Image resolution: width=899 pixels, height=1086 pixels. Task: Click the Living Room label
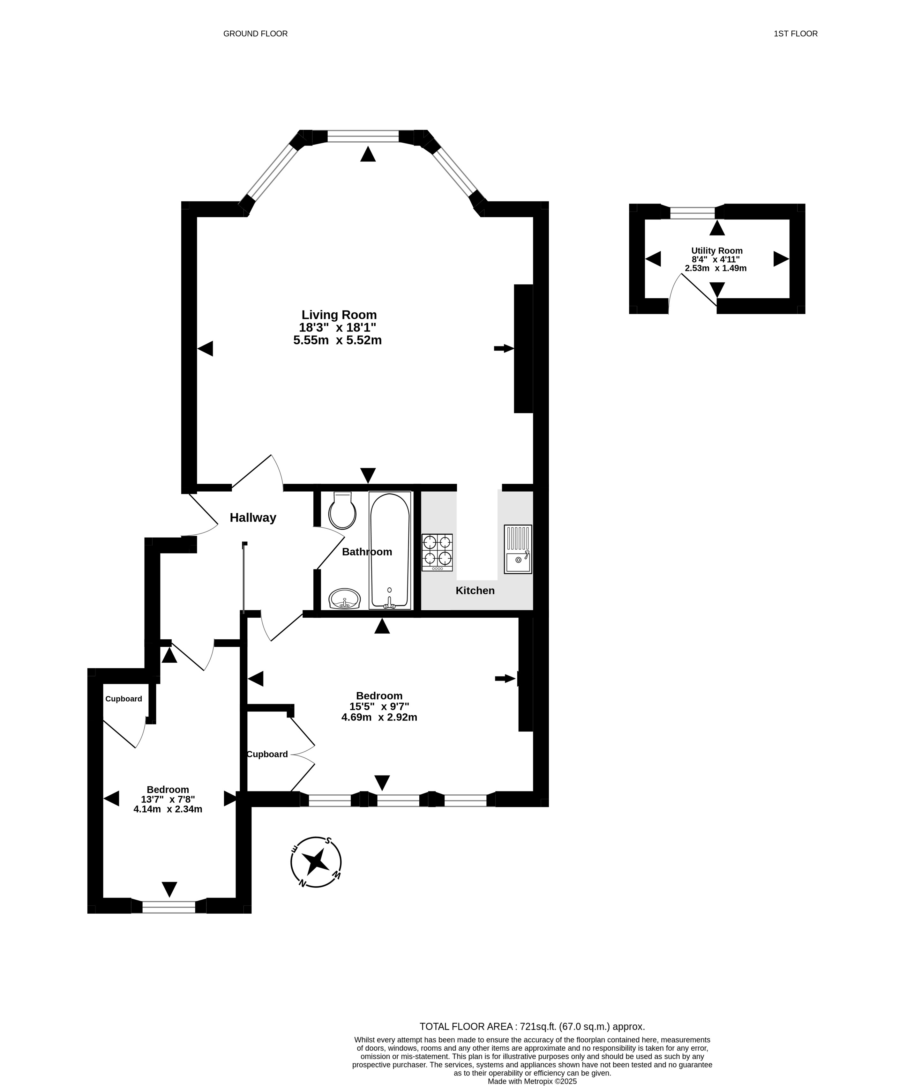tap(339, 315)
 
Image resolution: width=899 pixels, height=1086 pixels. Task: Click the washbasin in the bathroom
tap(344, 599)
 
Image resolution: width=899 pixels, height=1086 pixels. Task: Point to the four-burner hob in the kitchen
tap(437, 552)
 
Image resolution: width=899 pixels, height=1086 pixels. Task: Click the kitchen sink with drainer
tap(518, 549)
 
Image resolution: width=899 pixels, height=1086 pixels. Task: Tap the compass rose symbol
tap(316, 862)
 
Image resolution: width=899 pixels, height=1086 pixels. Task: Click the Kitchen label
tap(475, 591)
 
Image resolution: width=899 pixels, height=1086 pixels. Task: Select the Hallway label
tap(253, 518)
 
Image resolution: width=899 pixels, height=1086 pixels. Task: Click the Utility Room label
tap(717, 251)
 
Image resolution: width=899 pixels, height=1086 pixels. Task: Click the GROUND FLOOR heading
tap(256, 33)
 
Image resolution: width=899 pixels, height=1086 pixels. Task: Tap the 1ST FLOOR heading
tap(796, 33)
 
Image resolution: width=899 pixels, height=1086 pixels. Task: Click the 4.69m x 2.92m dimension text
tap(379, 717)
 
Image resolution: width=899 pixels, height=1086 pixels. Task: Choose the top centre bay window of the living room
tap(363, 136)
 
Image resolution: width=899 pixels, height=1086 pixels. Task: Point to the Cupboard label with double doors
tap(267, 754)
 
